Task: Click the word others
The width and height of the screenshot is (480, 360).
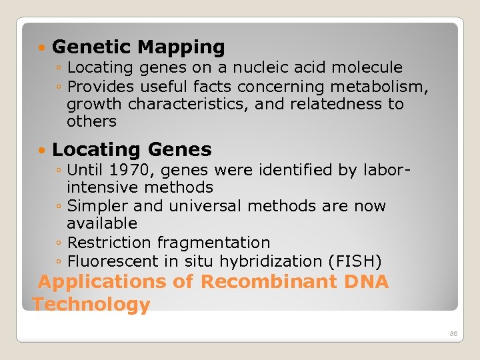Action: (91, 121)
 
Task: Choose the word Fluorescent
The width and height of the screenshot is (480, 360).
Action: (107, 261)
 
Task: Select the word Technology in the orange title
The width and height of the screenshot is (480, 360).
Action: (91, 305)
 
